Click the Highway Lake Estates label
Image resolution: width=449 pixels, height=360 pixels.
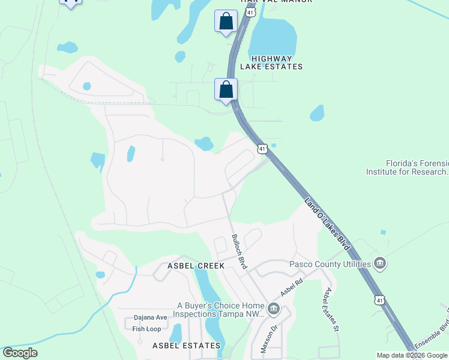tap(271, 62)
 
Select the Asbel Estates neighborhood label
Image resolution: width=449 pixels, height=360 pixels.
tap(186, 346)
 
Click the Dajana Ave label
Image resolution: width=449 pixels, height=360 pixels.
tap(150, 317)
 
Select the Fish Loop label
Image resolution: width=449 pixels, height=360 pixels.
tap(146, 329)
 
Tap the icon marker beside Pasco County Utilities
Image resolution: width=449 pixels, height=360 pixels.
tap(379, 263)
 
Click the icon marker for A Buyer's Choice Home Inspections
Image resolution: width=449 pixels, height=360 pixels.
tap(273, 309)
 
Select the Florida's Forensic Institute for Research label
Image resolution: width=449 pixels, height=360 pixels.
tap(408, 167)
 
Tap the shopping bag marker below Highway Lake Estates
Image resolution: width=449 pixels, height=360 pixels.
tap(226, 90)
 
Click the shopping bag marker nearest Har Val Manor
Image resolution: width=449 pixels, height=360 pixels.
tap(226, 22)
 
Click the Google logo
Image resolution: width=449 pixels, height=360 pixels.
tap(20, 353)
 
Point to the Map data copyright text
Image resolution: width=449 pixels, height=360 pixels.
tap(412, 355)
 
